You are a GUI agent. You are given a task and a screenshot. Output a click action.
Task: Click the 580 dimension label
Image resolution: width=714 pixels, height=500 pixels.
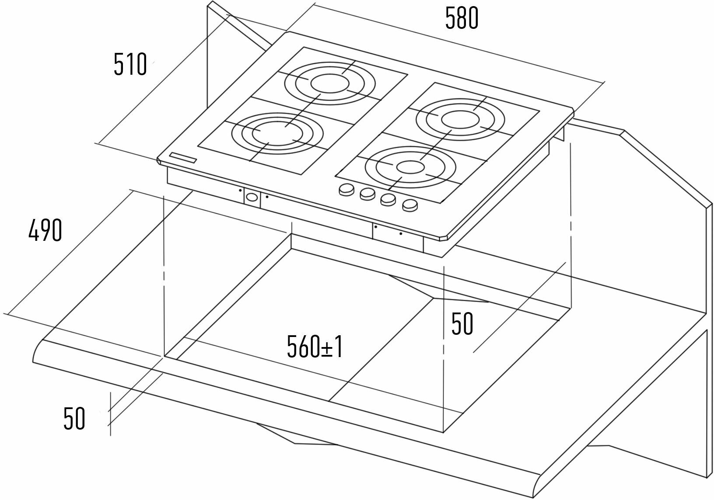[x=462, y=19]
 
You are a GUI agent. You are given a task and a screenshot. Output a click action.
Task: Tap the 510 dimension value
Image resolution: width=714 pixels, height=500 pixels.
[x=130, y=64]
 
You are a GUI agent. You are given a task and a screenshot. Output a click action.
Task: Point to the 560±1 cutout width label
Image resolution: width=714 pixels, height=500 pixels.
[x=315, y=347]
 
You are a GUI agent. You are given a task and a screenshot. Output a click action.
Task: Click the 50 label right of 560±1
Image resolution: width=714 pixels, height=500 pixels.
[x=462, y=324]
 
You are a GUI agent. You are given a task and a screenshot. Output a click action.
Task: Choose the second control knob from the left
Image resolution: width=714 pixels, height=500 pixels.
[x=367, y=194]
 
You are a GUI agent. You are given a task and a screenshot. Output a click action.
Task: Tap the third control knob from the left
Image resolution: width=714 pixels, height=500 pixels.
[x=388, y=199]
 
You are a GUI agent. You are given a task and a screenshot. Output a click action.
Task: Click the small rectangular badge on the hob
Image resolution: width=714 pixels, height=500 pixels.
[x=183, y=158]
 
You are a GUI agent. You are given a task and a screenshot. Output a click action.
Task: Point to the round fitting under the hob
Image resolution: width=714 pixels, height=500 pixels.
[x=251, y=197]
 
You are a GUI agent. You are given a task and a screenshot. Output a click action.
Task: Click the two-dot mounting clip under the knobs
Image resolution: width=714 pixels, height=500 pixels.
[x=388, y=232]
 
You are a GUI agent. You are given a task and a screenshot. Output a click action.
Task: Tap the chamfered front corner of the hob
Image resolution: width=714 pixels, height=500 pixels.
[x=445, y=238]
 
